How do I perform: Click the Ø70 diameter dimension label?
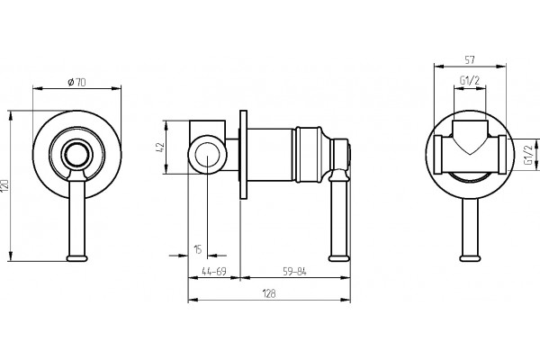coord(76,82)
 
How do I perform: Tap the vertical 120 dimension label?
coord(5,185)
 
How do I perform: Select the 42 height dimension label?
coord(161,148)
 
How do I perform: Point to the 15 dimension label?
coord(198,249)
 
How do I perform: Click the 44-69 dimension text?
coord(214,272)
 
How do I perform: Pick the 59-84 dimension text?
coord(294,272)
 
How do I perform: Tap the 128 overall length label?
coord(269,294)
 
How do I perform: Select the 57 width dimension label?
coord(470,60)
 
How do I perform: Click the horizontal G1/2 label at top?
coord(470,81)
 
